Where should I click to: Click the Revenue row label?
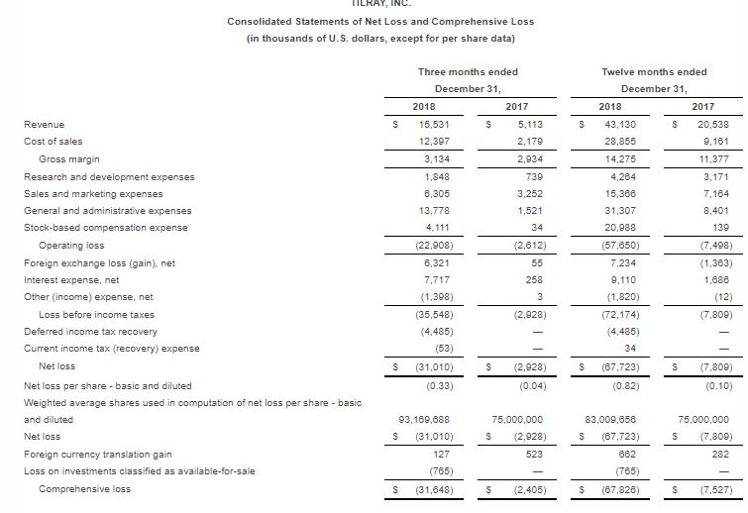[44, 125]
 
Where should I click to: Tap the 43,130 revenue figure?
[619, 125]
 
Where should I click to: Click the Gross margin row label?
[68, 159]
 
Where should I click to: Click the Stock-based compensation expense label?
[105, 228]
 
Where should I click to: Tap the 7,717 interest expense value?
[438, 279]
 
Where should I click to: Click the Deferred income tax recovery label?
[90, 331]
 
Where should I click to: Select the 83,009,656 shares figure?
[611, 420]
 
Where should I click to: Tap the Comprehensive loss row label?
[84, 488]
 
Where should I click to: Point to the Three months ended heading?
[468, 71]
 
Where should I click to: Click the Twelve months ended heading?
[654, 71]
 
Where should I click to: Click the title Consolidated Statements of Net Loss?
[379, 21]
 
